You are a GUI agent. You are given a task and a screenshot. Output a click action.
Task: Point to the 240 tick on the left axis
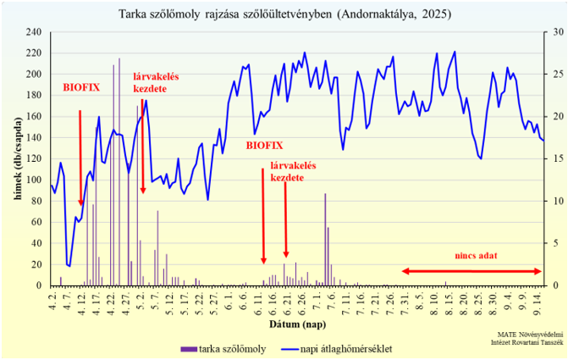(34, 32)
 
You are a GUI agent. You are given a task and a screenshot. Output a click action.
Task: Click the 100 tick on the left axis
(34, 180)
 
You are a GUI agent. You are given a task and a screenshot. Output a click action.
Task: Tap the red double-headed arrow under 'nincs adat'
(471, 271)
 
